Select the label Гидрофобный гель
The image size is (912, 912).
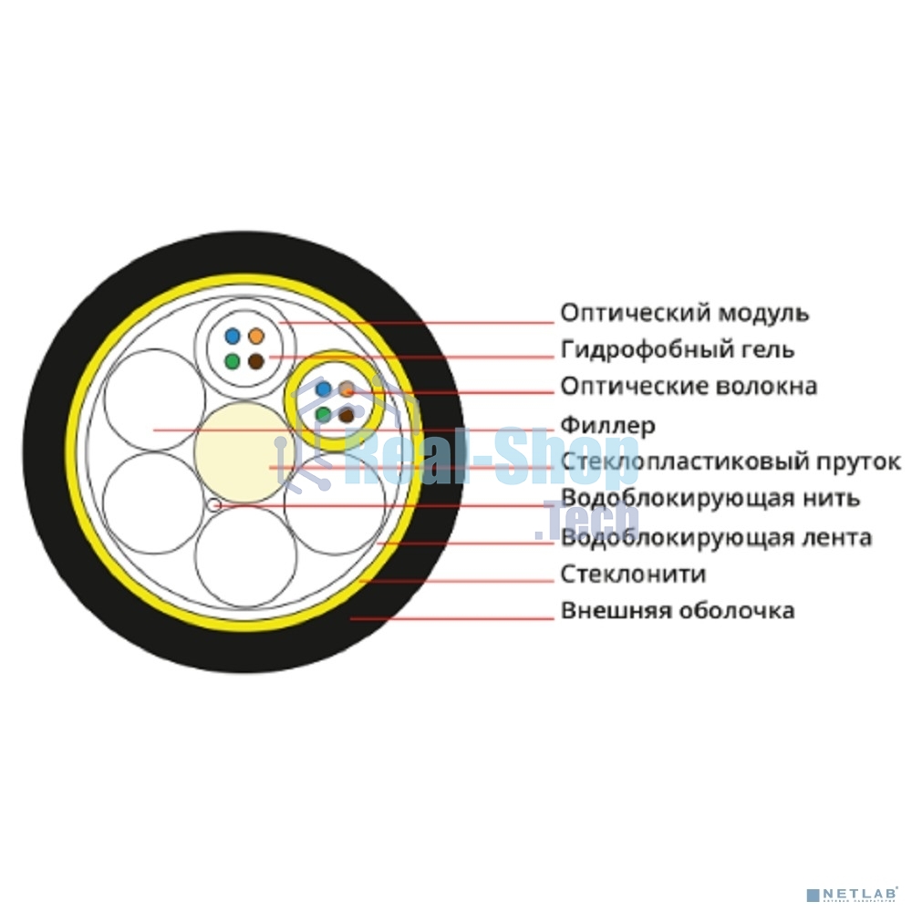[678, 350]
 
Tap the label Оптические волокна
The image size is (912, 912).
[689, 386]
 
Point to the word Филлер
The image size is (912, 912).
[607, 426]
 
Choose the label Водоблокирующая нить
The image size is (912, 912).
[710, 499]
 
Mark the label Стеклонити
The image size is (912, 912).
[634, 575]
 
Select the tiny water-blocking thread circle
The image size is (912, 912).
[214, 504]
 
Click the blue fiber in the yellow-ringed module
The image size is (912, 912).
[324, 389]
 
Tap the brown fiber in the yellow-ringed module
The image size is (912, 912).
[347, 415]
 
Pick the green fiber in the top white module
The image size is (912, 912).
[232, 361]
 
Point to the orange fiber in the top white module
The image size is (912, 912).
[256, 337]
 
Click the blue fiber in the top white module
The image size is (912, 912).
[232, 337]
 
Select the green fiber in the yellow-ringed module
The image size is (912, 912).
[324, 415]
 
